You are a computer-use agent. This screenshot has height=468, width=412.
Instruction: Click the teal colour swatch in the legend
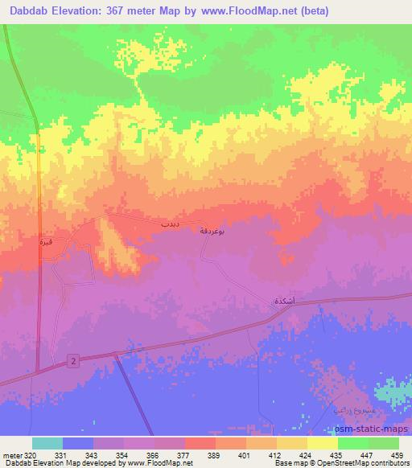point(47,443)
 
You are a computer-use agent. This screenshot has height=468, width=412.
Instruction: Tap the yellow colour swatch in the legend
point(322,443)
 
